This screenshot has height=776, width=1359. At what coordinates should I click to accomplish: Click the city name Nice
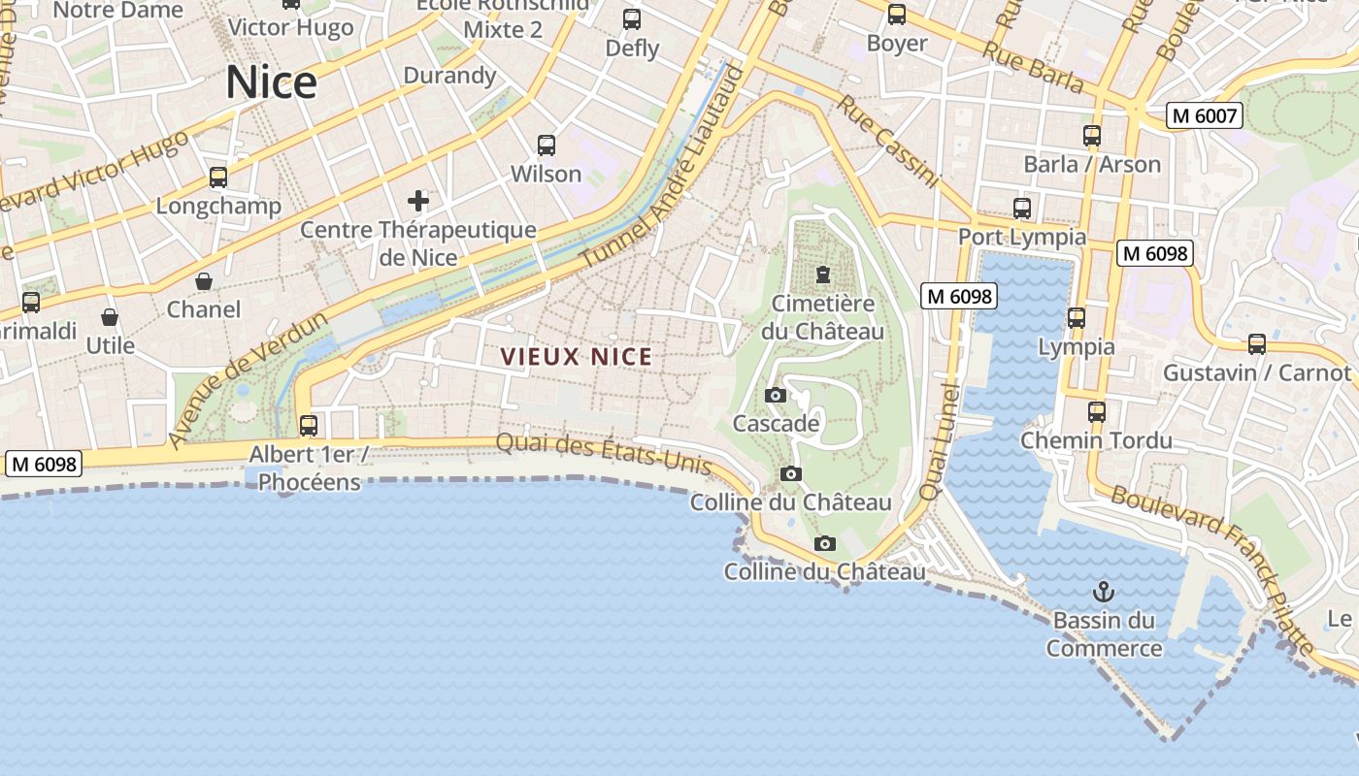tap(271, 83)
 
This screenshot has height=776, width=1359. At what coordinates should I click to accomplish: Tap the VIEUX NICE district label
tap(577, 357)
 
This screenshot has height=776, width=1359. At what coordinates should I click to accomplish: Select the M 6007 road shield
tap(1205, 116)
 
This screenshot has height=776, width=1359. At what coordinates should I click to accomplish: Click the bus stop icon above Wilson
tap(547, 145)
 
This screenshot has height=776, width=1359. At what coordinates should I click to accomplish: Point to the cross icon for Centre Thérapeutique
tap(418, 201)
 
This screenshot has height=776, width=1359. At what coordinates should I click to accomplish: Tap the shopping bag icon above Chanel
tap(204, 281)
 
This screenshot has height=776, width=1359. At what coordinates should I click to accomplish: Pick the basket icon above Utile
tap(110, 317)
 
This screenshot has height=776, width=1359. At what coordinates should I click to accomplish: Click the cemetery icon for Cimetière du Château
tap(823, 275)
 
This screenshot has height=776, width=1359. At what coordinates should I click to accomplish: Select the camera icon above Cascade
tap(775, 395)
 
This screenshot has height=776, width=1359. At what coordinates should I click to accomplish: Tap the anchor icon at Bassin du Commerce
tap(1104, 591)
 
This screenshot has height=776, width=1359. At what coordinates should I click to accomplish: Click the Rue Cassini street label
tap(888, 141)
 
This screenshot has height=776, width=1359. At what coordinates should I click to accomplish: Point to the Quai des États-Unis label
tap(604, 454)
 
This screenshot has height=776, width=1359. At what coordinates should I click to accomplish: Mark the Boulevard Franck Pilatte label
tap(1213, 570)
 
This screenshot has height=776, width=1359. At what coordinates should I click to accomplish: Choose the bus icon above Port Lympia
tap(1021, 208)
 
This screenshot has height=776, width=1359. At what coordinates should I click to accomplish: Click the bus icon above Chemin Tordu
tap(1097, 411)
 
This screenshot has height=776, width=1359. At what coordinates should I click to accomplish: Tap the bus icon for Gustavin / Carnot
tap(1257, 343)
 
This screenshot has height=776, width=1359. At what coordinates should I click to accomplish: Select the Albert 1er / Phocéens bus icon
tap(309, 425)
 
